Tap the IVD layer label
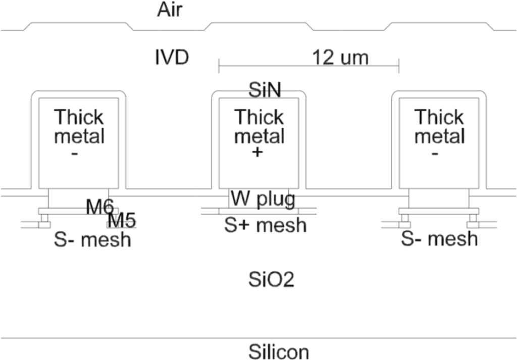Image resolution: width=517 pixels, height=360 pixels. [x=172, y=58]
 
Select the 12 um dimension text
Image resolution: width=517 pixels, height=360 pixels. [x=340, y=58]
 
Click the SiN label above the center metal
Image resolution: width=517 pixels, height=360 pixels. [x=265, y=90]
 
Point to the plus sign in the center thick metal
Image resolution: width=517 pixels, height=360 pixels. [x=257, y=151]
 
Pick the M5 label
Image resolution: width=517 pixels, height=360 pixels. [x=122, y=220]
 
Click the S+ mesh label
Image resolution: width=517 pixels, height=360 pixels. [x=265, y=225]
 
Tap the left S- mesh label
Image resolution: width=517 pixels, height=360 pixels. [x=92, y=240]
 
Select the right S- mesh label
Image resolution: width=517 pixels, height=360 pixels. [x=439, y=238]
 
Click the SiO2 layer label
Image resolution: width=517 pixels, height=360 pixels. [x=271, y=278]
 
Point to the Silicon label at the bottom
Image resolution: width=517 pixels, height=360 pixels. [x=278, y=351]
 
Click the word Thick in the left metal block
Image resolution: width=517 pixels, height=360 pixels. [x=79, y=117]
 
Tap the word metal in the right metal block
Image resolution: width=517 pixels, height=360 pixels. [x=439, y=136]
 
